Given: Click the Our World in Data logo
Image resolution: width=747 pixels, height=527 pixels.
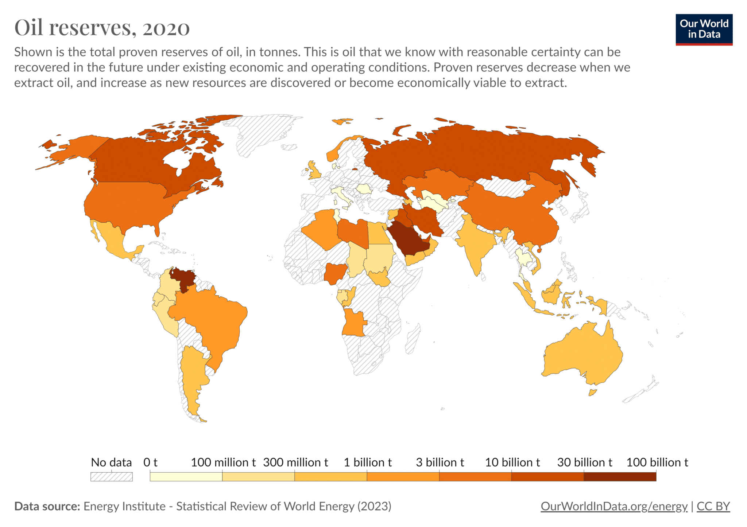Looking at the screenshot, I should pyautogui.click(x=704, y=30).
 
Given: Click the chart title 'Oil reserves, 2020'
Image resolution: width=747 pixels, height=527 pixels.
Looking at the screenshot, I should pyautogui.click(x=102, y=28).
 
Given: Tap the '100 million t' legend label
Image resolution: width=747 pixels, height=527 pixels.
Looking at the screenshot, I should pyautogui.click(x=223, y=462).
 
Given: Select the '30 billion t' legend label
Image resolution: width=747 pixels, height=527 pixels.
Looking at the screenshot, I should pyautogui.click(x=584, y=462).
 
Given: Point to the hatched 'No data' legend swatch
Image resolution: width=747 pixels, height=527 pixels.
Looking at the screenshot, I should pyautogui.click(x=111, y=477).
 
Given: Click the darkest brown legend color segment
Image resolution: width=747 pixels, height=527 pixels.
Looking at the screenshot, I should pyautogui.click(x=620, y=477).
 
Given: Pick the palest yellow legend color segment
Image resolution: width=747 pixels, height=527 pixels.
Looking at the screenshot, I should pyautogui.click(x=186, y=477).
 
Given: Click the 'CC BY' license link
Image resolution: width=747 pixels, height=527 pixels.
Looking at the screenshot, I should pyautogui.click(x=713, y=506).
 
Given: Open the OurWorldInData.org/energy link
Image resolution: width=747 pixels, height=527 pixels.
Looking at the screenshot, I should pyautogui.click(x=614, y=506).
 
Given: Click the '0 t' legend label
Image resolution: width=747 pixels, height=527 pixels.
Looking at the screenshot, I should pyautogui.click(x=150, y=462).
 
